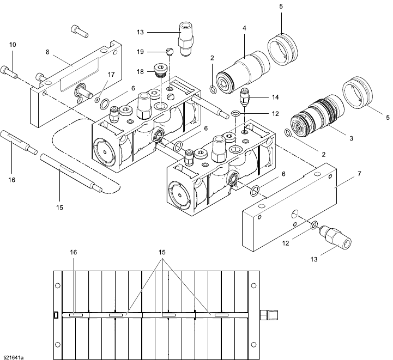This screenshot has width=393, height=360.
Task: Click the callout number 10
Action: (13, 44)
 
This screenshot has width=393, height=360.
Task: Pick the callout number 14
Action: (275, 97)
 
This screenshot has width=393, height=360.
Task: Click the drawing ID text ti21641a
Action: (14, 357)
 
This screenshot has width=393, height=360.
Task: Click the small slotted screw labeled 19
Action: (169, 52)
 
